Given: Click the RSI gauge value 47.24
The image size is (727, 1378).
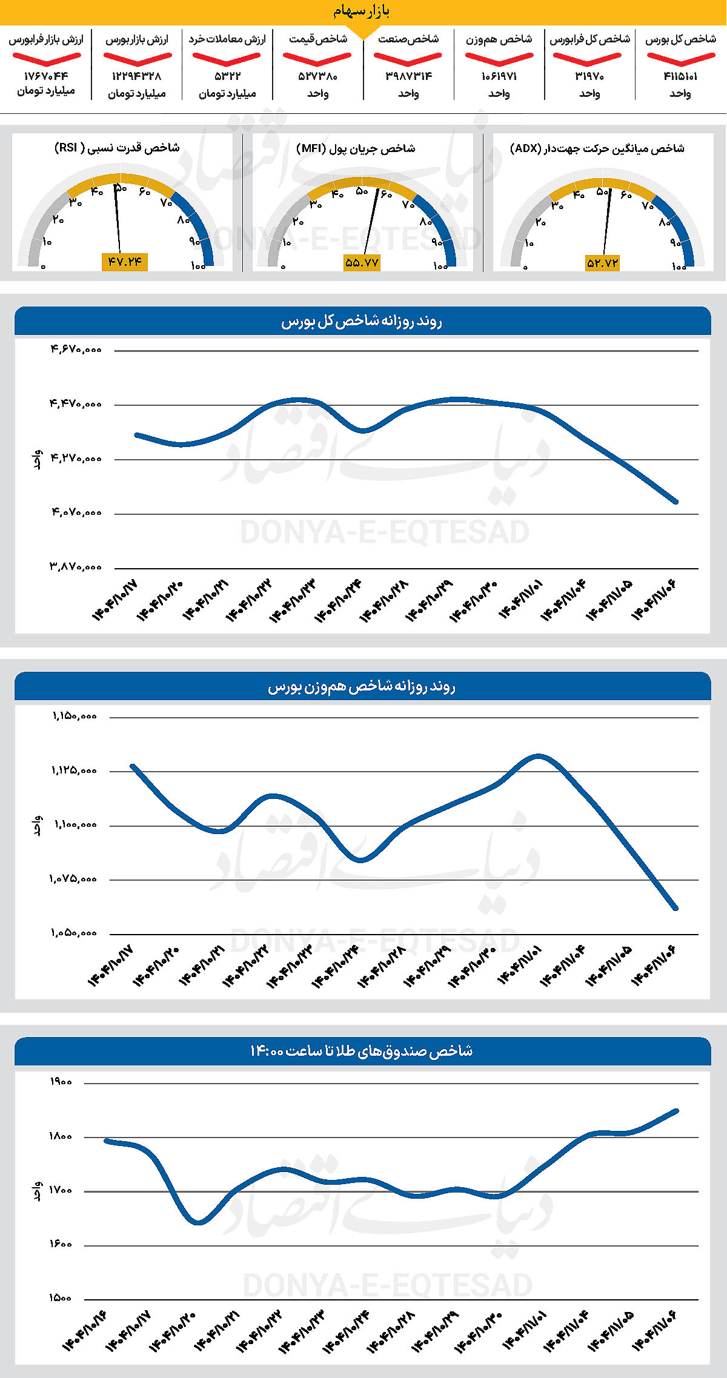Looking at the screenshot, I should [x=125, y=262].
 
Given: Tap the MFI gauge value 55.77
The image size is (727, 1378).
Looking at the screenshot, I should [x=362, y=263].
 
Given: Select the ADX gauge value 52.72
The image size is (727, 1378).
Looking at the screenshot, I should [x=602, y=263].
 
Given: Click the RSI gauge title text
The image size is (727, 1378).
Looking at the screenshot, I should [x=117, y=148].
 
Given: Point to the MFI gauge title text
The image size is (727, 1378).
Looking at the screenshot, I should [x=356, y=148].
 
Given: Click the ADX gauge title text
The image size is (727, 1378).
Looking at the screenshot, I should [x=597, y=148].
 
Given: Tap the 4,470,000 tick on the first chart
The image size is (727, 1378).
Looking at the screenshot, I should [x=76, y=403].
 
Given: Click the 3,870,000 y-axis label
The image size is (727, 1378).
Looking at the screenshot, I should [x=76, y=567].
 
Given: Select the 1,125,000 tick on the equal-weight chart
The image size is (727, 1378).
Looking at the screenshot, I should [x=74, y=770].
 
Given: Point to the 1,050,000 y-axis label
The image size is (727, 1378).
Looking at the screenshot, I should [x=74, y=933].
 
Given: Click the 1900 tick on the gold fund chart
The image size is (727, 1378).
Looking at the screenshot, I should [x=61, y=1082].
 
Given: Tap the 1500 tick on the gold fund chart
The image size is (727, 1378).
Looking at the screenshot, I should [x=61, y=1298].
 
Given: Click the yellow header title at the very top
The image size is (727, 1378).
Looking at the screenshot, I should [x=362, y=11].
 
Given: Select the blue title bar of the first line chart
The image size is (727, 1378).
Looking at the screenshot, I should [x=362, y=321].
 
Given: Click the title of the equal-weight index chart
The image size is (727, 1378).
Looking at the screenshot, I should [x=362, y=686].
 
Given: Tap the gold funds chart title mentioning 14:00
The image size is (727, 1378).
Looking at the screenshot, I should [x=362, y=1051].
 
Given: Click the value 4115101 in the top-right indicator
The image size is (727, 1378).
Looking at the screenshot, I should [x=680, y=76].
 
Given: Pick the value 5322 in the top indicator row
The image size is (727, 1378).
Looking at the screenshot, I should [x=227, y=76].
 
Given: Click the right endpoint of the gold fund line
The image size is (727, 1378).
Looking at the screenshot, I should [x=676, y=1111].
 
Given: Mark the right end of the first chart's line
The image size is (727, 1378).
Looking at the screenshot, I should [x=676, y=502].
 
